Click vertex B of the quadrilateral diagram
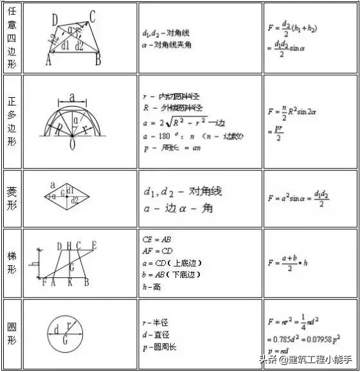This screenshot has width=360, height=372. tap(98, 61)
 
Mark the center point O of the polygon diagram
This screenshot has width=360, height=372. tap(72, 145)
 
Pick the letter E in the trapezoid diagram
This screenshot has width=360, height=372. tap(94, 245)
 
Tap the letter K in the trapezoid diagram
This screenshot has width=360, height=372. tap(69, 282)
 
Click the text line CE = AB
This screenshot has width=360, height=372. tap(156, 239)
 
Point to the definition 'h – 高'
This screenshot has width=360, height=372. tap(153, 286)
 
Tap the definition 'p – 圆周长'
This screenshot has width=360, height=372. tap(161, 347)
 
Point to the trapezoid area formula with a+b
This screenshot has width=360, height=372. tap(296, 263)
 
